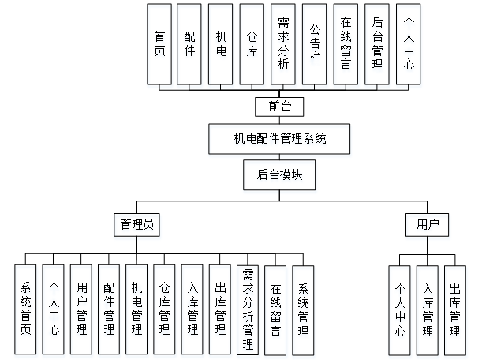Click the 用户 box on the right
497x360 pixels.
pyautogui.click(x=427, y=224)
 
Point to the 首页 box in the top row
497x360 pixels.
pyautogui.click(x=160, y=44)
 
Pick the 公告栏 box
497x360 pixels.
pyautogui.click(x=314, y=44)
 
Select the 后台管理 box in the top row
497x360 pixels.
pyautogui.click(x=376, y=44)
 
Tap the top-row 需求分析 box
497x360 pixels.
pyautogui.click(x=283, y=44)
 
